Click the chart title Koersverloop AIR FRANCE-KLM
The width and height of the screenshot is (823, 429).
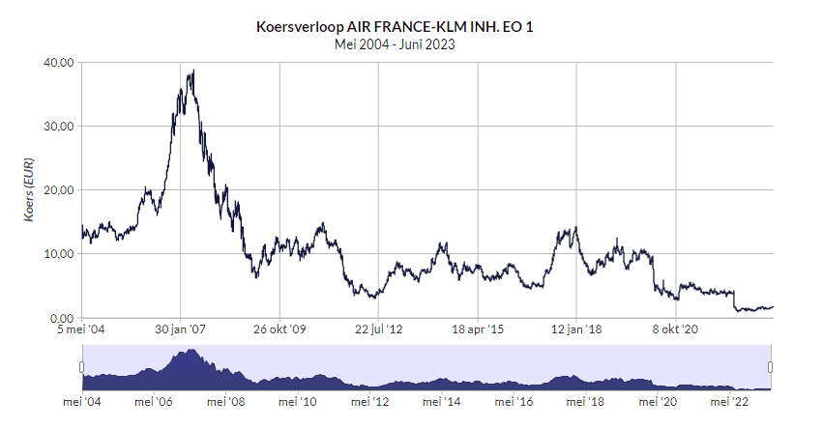[x=394, y=26]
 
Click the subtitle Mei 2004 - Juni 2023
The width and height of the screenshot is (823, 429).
[x=394, y=43]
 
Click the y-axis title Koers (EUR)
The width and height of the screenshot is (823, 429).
[x=29, y=190]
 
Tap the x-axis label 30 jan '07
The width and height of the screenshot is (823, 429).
[x=182, y=329]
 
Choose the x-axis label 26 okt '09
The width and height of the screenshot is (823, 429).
[x=279, y=329]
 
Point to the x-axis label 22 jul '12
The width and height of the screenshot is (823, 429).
[x=379, y=329]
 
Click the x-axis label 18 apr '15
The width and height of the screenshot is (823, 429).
[x=478, y=329]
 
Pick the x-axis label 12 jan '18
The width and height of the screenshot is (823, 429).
[x=575, y=329]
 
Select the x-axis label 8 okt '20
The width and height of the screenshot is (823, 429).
[x=675, y=329]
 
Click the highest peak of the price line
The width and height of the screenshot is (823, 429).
[x=194, y=71]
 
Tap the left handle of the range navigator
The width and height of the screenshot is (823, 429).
[x=81, y=366]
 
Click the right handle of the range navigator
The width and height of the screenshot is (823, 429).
[x=772, y=366]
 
